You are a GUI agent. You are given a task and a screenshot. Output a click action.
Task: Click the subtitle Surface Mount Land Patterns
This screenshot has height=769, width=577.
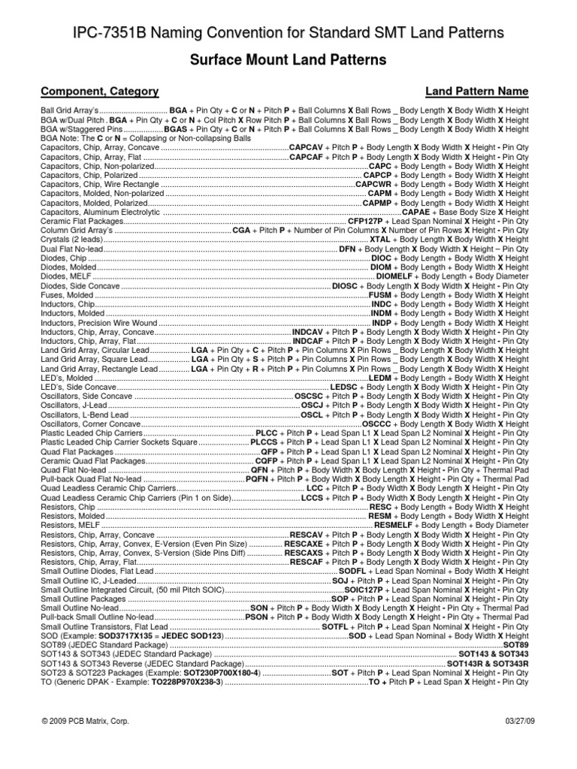(x=288, y=59)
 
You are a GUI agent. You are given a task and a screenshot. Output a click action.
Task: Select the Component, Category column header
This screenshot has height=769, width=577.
(x=99, y=92)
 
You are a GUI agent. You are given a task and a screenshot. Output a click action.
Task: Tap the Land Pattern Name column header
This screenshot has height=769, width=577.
(x=476, y=92)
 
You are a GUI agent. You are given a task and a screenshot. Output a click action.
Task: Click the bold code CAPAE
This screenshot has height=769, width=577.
(x=416, y=213)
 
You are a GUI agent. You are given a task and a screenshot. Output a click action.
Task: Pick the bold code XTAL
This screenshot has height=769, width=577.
(x=375, y=240)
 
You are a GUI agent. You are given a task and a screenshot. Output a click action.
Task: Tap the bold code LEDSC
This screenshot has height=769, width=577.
(x=346, y=387)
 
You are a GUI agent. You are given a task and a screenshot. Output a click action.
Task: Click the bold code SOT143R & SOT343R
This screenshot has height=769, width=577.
(x=488, y=664)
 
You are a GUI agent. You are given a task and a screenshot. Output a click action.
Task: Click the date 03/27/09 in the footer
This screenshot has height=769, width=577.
(x=512, y=721)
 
